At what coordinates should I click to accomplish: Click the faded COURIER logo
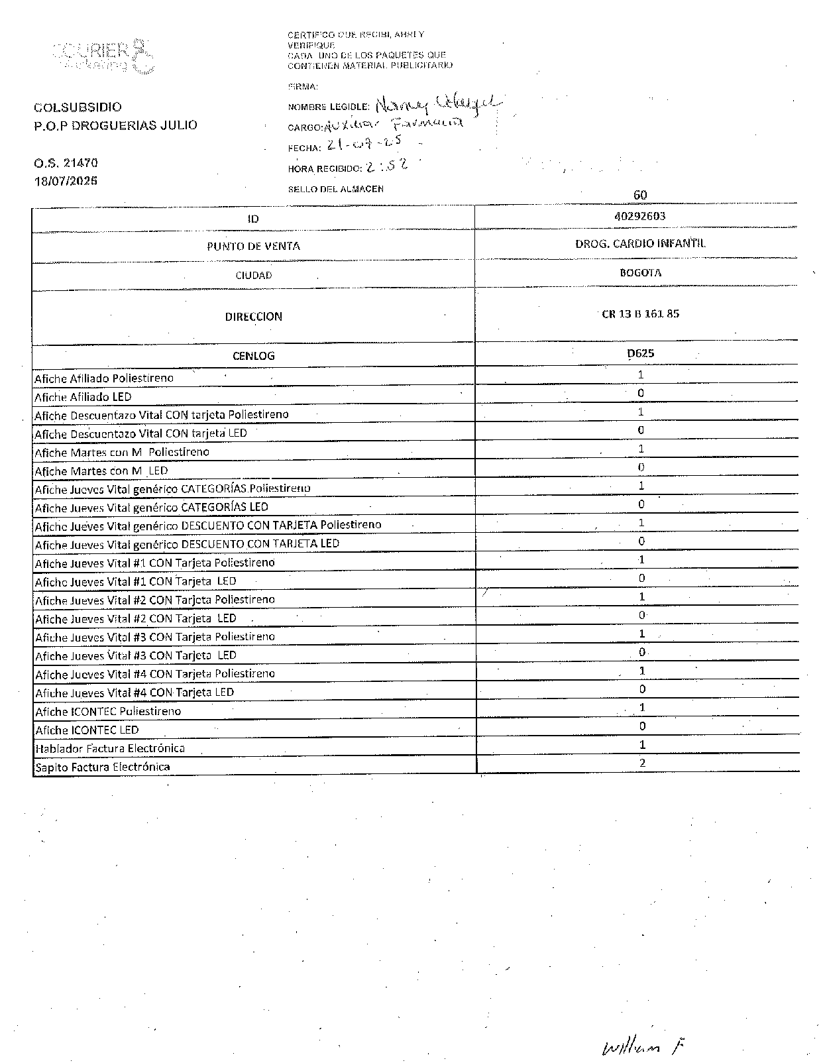click(103, 55)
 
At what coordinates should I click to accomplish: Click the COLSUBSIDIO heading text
click(78, 107)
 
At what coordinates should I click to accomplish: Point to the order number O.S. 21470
click(66, 163)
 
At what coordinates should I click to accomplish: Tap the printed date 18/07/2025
click(66, 181)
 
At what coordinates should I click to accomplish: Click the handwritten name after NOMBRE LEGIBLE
click(438, 103)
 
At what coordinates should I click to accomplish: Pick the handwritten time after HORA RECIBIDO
click(388, 167)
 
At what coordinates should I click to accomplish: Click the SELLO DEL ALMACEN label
click(335, 190)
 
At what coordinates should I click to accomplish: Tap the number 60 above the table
click(640, 195)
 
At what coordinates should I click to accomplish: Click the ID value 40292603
click(640, 216)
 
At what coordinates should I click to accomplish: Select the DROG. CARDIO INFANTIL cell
click(640, 243)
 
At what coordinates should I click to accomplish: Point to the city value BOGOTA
click(640, 272)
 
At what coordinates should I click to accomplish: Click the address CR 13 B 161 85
click(640, 314)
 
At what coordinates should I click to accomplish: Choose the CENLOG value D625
click(640, 353)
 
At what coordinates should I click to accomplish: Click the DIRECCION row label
click(253, 317)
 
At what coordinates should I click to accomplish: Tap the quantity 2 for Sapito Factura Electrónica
click(642, 763)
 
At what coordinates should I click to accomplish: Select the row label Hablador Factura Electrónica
click(110, 748)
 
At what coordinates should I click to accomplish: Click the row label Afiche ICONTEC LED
click(87, 730)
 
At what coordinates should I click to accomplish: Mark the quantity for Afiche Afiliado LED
click(641, 393)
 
